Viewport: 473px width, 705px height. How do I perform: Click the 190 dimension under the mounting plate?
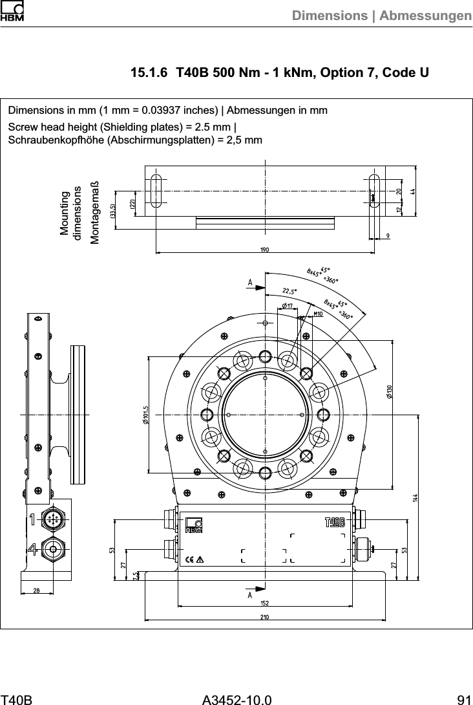(x=264, y=250)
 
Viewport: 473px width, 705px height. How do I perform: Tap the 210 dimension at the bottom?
(x=264, y=616)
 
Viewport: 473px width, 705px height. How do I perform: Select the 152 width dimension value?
(x=264, y=603)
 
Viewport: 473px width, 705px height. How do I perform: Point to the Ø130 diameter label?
(x=389, y=392)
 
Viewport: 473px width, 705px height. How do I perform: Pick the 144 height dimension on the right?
(x=415, y=498)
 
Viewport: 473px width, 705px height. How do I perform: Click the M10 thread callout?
(x=317, y=313)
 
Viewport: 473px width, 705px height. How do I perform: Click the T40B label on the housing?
(x=335, y=523)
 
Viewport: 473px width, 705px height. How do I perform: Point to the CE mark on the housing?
(x=190, y=559)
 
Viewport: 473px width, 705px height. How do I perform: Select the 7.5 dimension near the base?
(x=135, y=575)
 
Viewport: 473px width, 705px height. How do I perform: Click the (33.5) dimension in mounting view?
(x=112, y=210)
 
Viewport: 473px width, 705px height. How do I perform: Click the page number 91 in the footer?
(x=463, y=699)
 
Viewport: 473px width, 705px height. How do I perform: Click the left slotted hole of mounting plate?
(x=156, y=190)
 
